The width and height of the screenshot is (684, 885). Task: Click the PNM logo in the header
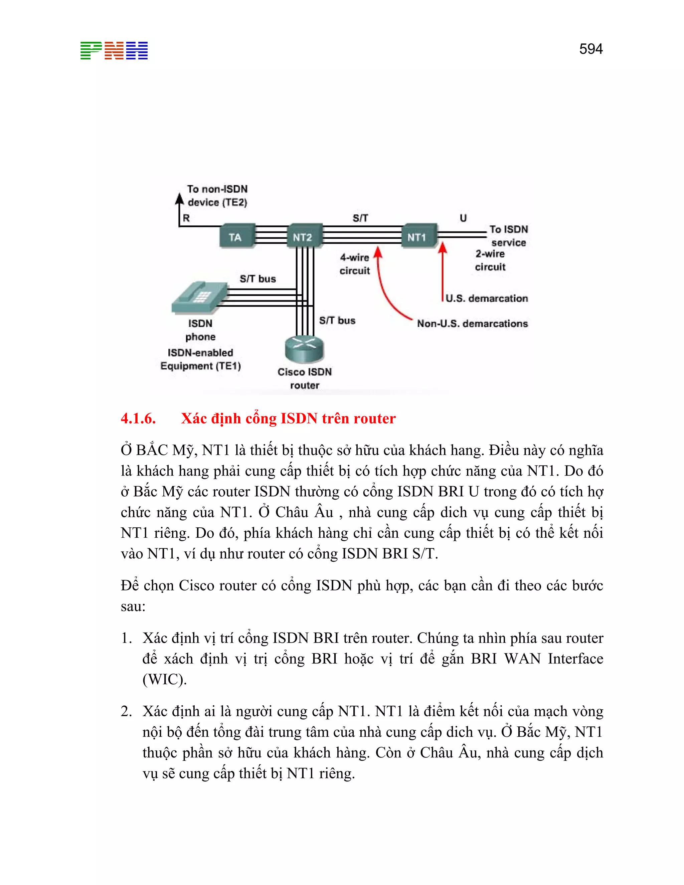[x=114, y=51]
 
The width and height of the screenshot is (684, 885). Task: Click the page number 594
[x=590, y=49]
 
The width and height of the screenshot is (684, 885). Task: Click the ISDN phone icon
[x=199, y=298]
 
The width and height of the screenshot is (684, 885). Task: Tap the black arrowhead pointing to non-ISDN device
[x=179, y=199]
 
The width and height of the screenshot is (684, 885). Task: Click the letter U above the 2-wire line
[x=463, y=218]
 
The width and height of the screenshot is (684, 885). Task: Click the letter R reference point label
[x=186, y=218]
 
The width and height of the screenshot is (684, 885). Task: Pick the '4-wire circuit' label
[x=355, y=264]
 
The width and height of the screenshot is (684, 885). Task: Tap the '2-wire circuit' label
[x=490, y=260]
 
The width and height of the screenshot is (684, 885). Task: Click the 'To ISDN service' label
[x=509, y=236]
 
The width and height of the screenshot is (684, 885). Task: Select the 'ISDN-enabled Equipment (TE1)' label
[x=201, y=359]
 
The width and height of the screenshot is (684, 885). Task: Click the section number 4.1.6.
[x=138, y=418]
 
